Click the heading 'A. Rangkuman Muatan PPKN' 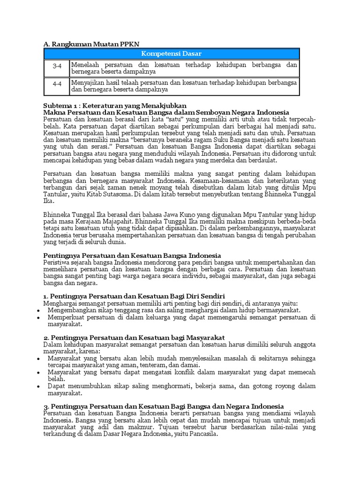(x=87, y=44)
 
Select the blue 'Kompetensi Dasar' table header (x=171, y=54)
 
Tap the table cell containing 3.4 (x=57, y=68)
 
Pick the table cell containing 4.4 (x=57, y=86)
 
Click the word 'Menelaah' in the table (x=86, y=65)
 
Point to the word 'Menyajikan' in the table (x=88, y=82)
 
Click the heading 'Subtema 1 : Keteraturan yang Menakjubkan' (x=114, y=105)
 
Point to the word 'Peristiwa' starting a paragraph (x=57, y=262)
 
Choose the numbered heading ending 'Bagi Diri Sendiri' (x=134, y=296)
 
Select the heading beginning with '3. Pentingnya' (x=163, y=406)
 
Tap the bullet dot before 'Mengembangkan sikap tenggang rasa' (x=38, y=310)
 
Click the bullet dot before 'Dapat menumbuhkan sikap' (x=38, y=386)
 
